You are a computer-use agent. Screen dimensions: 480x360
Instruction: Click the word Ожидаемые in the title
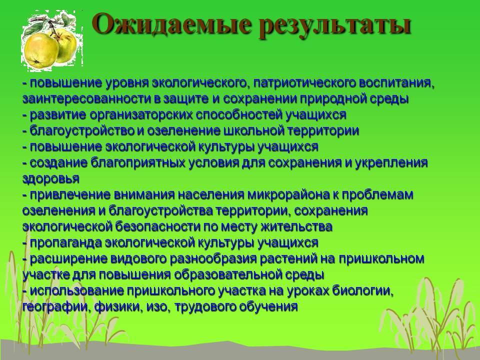[171, 24]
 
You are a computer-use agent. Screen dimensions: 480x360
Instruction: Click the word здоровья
[51, 179]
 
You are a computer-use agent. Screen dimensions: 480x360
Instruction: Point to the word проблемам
[377, 195]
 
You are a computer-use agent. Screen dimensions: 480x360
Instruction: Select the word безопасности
[157, 227]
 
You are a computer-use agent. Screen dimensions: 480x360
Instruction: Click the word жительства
[296, 227]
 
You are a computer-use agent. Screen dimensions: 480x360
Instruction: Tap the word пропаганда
[66, 243]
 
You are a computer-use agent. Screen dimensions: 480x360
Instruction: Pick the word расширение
[68, 259]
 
